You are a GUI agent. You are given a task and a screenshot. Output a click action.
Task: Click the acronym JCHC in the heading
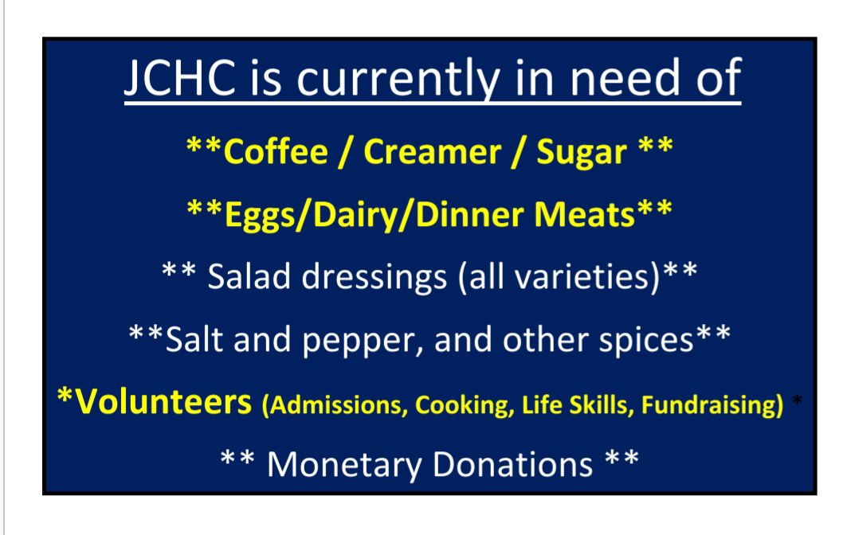179,79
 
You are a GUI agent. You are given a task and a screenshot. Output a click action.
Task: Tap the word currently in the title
398,80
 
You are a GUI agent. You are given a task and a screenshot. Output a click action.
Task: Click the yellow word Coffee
276,152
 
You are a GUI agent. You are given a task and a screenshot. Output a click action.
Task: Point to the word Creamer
432,152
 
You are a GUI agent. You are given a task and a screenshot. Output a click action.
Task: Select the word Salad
249,276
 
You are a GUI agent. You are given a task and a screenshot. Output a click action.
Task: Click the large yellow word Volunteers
163,402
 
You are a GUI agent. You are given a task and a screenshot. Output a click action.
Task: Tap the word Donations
513,465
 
